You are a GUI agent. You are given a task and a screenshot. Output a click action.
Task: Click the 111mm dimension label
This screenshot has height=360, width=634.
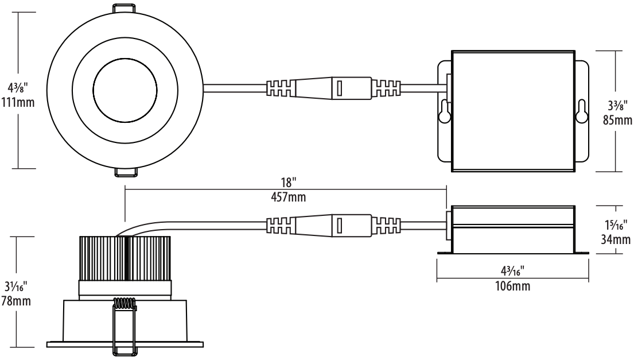pos(18,102)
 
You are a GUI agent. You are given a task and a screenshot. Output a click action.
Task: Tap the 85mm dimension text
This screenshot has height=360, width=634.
pos(617,120)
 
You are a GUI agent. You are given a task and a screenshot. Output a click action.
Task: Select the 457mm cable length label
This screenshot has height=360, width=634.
pos(288,197)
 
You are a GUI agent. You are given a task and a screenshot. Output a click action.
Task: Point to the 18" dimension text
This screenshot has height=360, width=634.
pos(289,182)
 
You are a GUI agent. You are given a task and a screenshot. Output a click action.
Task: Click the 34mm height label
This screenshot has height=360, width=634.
pos(616,239)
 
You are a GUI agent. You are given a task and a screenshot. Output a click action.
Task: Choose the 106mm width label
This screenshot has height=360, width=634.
pos(513,286)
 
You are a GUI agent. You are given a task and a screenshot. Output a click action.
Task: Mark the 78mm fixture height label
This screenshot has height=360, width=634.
pos(16,301)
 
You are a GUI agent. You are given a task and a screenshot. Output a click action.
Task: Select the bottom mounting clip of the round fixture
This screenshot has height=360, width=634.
pos(126,172)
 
